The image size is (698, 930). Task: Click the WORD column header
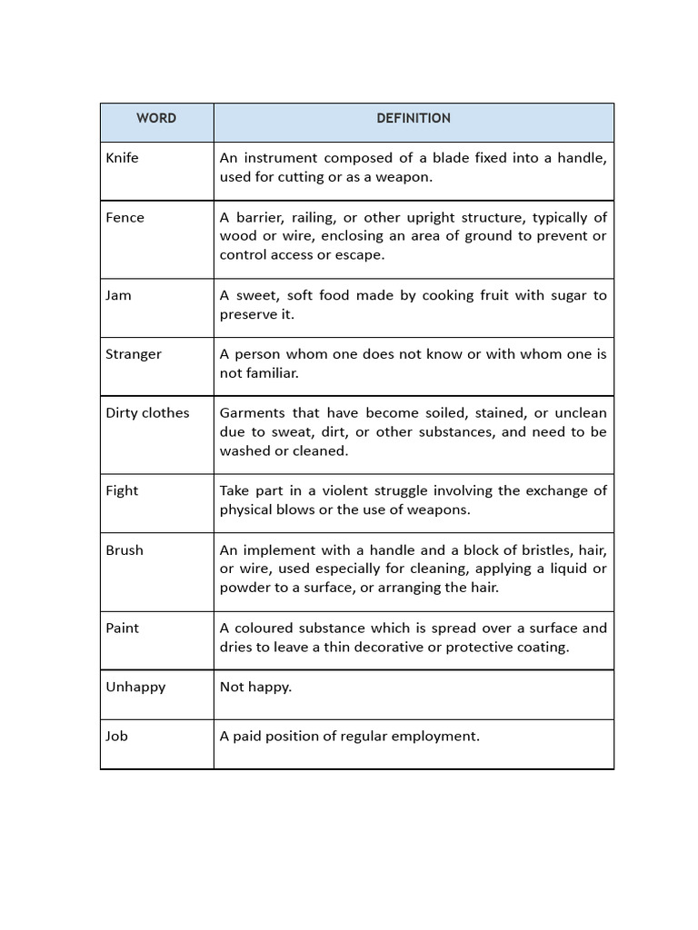click(x=156, y=118)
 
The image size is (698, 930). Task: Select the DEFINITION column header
click(x=414, y=118)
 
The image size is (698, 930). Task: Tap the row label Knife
click(x=122, y=158)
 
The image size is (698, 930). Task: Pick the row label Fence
click(x=125, y=218)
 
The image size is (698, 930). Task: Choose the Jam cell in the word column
click(x=118, y=296)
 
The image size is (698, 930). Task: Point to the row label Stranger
click(x=133, y=354)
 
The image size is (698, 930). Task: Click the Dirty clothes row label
click(x=147, y=413)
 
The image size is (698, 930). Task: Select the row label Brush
click(x=124, y=550)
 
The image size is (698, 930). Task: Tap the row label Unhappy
click(x=135, y=688)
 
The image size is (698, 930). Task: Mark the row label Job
click(x=116, y=737)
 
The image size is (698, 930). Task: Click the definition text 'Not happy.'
click(x=255, y=688)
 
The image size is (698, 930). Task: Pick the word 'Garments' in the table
click(x=251, y=413)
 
